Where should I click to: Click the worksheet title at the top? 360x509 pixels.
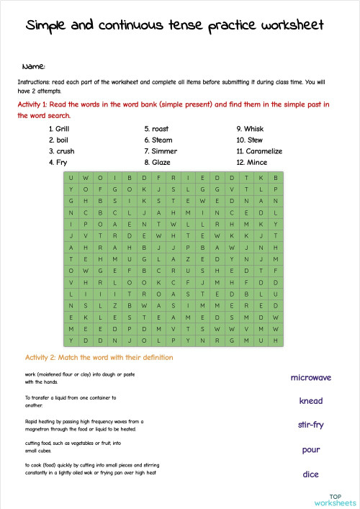[174, 26]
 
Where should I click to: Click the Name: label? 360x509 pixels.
[34, 66]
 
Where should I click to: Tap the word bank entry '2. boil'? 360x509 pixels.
[58, 140]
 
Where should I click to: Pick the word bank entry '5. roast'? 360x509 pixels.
[156, 129]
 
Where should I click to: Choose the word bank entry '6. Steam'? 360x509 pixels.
[158, 140]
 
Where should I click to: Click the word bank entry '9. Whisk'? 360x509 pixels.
[251, 129]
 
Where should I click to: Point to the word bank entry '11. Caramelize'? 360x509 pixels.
[258, 151]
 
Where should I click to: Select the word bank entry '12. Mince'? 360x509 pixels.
[252, 163]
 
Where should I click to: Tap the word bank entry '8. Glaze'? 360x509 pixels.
[157, 163]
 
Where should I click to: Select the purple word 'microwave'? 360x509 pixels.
[310, 377]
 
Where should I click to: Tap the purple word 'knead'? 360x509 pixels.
[310, 401]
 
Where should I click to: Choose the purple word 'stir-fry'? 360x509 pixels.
[310, 425]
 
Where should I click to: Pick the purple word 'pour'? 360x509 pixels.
[310, 450]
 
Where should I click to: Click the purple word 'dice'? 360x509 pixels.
[310, 474]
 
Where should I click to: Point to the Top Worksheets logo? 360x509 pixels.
[334, 499]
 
